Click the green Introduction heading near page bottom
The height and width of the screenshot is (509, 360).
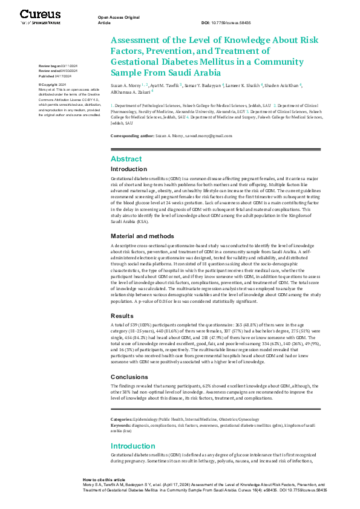pyautogui.click(x=133, y=446)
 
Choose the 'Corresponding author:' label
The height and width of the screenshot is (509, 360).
pyautogui.click(x=133, y=136)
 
